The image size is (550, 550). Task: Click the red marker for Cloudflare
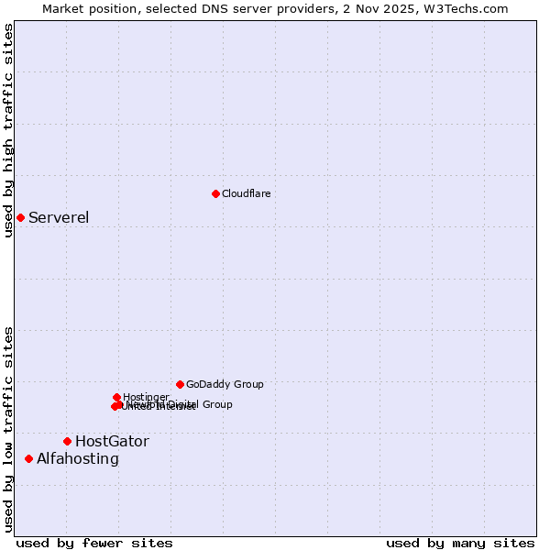coord(215,193)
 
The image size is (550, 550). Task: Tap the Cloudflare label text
coord(246,193)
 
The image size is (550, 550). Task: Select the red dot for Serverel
coord(20,217)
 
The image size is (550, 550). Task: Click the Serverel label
coord(59,217)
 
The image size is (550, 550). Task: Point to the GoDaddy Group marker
coord(180,384)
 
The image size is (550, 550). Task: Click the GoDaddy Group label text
coord(225,384)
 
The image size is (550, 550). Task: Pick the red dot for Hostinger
coord(116,397)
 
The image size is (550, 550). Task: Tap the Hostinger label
coord(146,397)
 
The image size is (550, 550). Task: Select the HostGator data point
coord(67,441)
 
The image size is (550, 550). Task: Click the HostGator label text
coord(112,441)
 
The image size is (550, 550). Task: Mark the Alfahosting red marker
coord(28,458)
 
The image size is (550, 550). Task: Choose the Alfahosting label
coord(78,458)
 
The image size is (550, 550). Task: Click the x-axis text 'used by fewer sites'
coord(94,543)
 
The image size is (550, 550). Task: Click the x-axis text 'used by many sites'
coord(460,543)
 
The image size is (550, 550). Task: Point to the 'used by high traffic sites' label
coord(8,130)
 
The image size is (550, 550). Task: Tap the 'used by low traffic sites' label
coord(8,428)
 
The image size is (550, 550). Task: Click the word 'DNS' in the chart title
coord(208,8)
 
